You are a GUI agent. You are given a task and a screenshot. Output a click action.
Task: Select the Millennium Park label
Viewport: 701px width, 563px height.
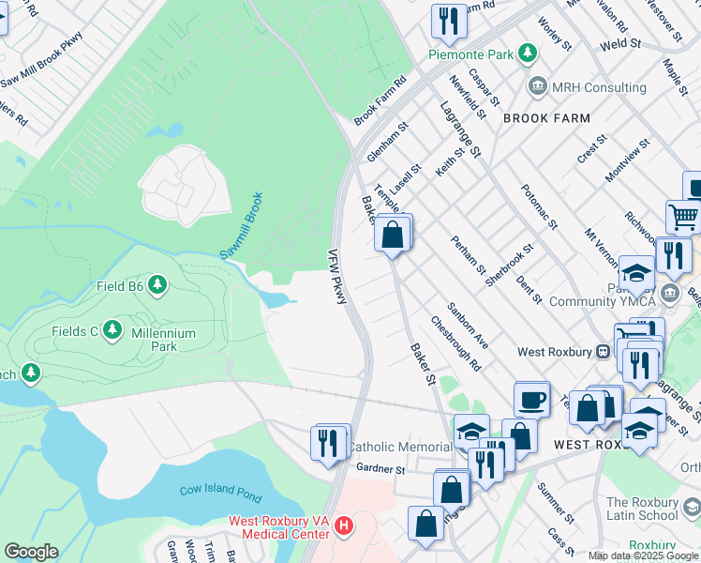(160, 340)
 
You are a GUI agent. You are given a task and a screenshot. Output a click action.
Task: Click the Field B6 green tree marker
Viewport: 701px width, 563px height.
(158, 284)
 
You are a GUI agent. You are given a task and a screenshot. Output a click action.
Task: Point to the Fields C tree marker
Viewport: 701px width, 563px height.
(113, 329)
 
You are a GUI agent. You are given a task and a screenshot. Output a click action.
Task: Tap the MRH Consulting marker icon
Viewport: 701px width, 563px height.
(538, 87)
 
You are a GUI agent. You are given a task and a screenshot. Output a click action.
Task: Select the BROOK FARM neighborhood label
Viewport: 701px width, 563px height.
(546, 118)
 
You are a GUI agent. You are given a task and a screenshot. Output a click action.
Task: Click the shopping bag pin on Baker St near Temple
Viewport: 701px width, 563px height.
(394, 234)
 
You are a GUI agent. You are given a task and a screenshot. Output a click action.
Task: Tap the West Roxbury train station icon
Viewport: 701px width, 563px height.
(604, 352)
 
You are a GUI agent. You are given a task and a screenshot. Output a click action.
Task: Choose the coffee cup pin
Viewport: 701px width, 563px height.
(532, 399)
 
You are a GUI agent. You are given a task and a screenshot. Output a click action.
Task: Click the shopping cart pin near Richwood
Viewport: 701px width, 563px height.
(684, 217)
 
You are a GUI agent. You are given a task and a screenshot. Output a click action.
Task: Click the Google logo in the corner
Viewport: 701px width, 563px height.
(31, 552)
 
